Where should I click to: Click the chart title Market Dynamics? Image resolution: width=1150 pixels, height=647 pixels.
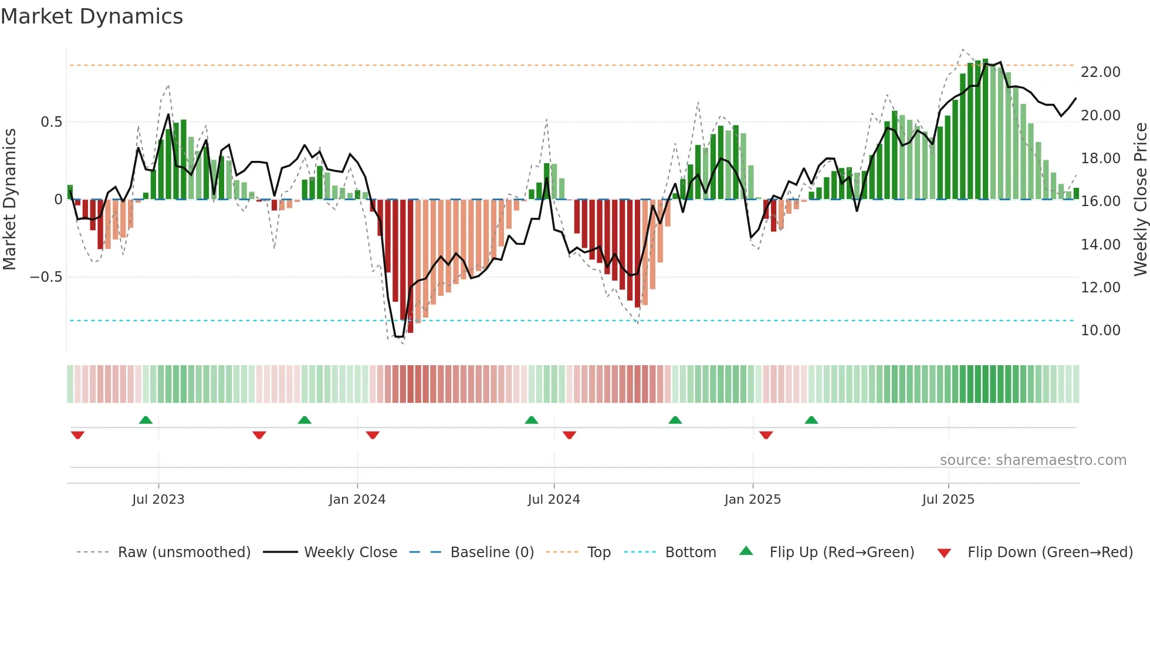tap(92, 16)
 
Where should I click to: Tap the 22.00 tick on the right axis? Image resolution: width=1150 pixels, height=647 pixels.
tap(1100, 72)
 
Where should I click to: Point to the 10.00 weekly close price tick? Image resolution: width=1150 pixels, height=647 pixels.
tap(1100, 331)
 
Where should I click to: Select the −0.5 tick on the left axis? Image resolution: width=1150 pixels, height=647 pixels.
tap(46, 277)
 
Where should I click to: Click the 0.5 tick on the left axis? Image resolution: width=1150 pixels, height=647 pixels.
tap(51, 122)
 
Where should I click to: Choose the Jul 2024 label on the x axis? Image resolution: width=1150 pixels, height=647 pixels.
tap(553, 500)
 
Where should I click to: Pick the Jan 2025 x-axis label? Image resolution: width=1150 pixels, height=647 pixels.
tap(752, 500)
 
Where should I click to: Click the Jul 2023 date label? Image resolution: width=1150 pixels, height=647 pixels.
tap(158, 500)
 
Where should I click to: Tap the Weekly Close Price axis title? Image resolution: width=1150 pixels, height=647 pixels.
tap(1140, 199)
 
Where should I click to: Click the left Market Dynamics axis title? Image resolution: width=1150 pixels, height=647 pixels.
tap(9, 199)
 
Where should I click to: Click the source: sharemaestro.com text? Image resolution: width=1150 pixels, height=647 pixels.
tap(1033, 460)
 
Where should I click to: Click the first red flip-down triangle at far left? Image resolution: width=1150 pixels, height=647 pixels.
tap(77, 435)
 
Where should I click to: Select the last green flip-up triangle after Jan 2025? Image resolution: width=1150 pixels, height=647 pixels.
tap(811, 420)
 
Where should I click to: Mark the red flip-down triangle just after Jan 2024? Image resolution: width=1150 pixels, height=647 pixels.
tap(373, 435)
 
